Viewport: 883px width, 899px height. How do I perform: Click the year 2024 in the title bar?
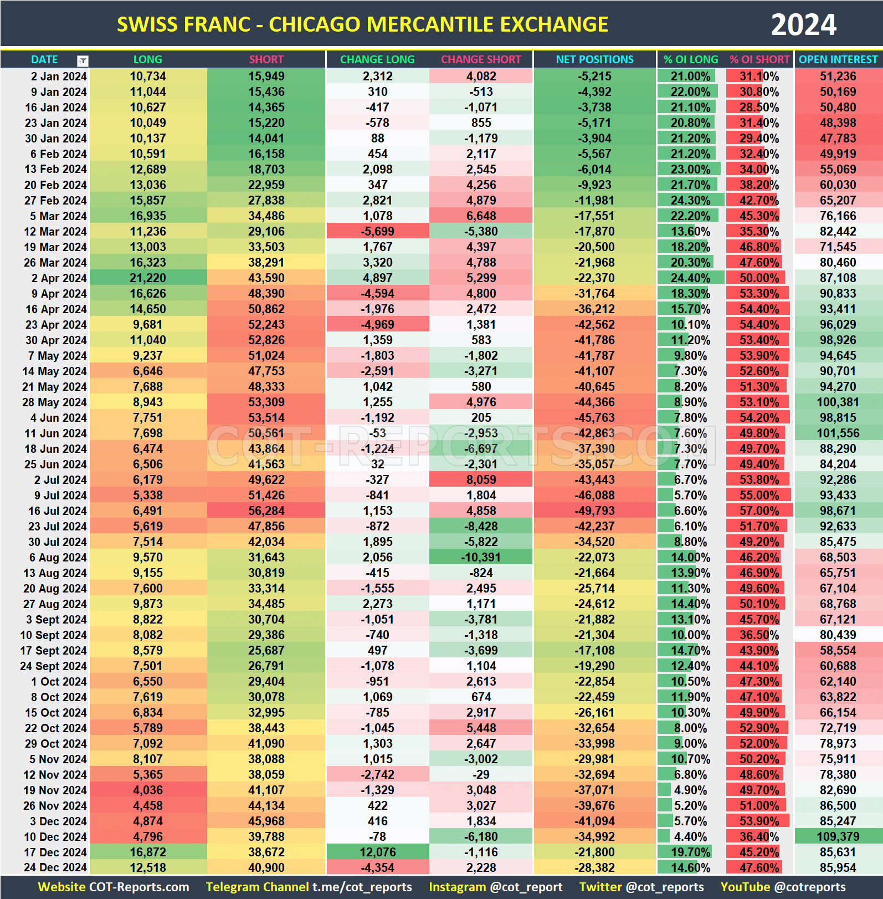[803, 25]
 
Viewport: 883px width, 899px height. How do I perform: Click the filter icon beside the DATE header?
[83, 60]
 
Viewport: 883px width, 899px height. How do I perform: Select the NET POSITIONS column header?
[594, 59]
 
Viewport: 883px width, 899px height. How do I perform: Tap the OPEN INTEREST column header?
[838, 59]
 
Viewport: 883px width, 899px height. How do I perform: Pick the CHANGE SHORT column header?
[481, 59]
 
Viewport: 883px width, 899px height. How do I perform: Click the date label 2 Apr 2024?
[59, 278]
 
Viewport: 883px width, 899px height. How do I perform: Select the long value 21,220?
[148, 278]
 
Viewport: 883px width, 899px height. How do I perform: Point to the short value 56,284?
[266, 511]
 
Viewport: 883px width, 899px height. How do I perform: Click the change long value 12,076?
[377, 852]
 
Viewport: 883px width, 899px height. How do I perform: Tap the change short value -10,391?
[481, 558]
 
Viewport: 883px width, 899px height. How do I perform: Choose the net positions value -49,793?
[594, 511]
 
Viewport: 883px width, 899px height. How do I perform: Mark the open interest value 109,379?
[838, 837]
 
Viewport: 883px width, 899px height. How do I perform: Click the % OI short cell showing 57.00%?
[759, 511]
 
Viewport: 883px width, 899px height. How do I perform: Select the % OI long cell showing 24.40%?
[690, 278]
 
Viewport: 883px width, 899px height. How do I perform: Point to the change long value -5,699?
[377, 232]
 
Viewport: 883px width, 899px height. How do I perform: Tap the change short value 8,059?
[481, 480]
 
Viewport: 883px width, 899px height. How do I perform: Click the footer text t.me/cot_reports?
[362, 887]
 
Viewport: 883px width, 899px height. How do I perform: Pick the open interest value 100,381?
[838, 402]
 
